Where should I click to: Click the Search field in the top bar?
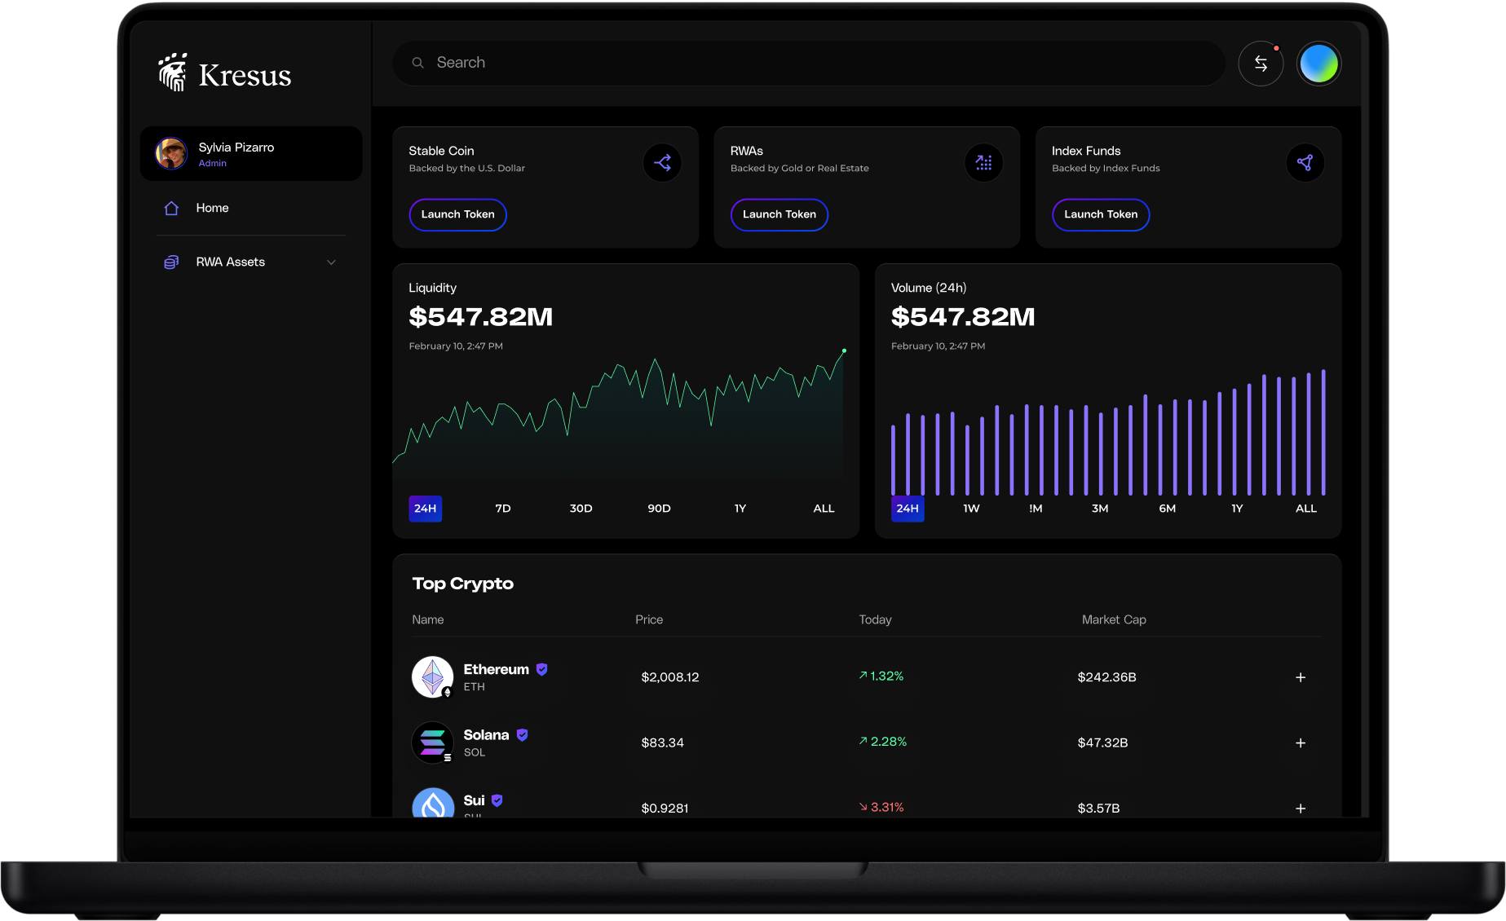tap(807, 63)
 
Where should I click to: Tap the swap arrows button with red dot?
tap(1261, 64)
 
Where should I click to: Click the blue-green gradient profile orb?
tap(1318, 64)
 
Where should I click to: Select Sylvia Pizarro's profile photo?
tap(171, 153)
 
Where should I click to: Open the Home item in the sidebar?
tap(212, 208)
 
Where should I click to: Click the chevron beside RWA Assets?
tap(331, 262)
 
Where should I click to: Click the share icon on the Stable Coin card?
tap(662, 163)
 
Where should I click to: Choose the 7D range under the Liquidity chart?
tap(503, 509)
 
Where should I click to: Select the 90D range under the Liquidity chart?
tap(659, 509)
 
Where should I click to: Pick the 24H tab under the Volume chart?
tap(908, 509)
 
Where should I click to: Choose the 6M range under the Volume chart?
tap(1168, 509)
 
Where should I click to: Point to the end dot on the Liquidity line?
tap(844, 351)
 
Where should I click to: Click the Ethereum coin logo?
tap(432, 676)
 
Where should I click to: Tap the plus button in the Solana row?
tap(1301, 743)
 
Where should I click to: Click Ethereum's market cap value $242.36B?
tap(1106, 677)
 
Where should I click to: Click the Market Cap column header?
tap(1114, 619)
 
